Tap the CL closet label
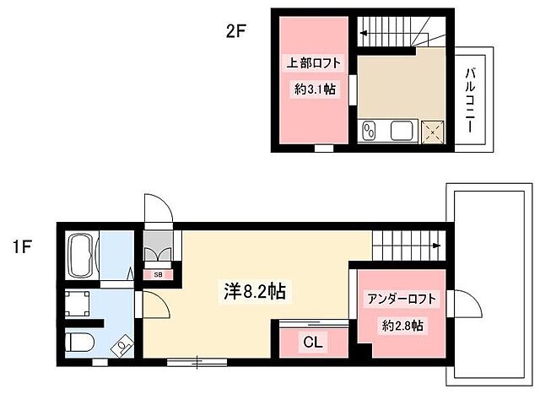coord(312,343)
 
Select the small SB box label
coord(158,273)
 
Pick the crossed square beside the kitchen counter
coord(435,132)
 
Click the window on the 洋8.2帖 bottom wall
coord(195,363)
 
